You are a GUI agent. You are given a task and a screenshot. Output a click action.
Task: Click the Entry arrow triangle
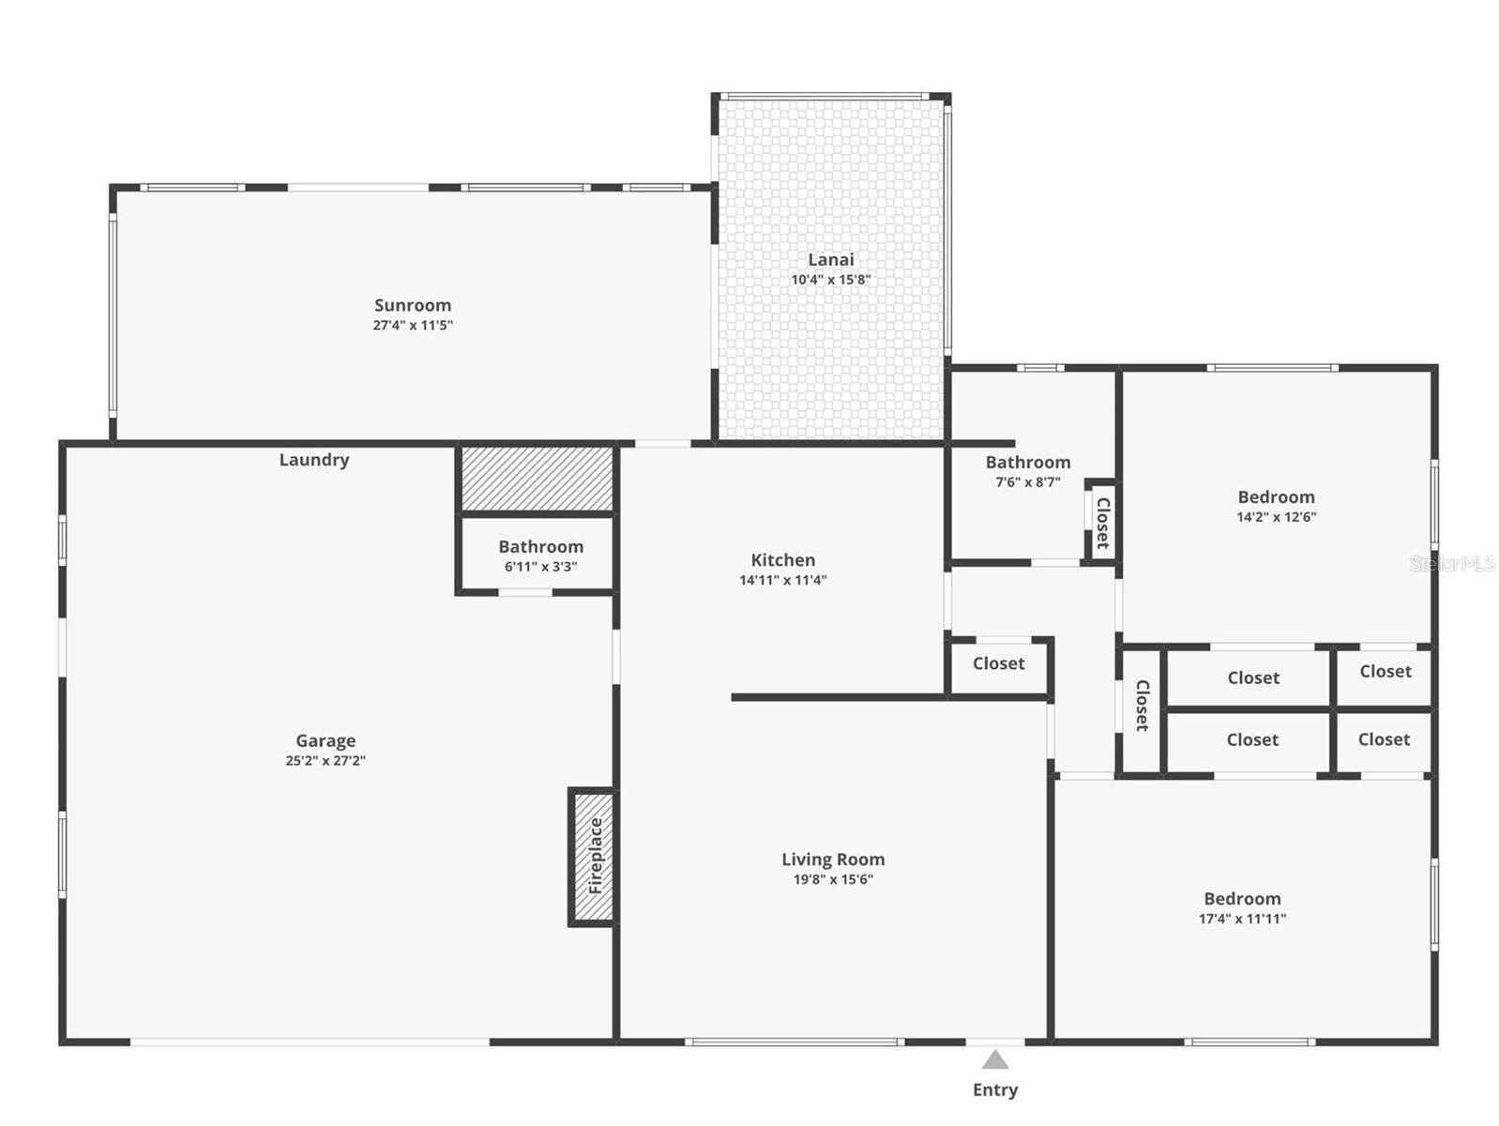(x=994, y=1060)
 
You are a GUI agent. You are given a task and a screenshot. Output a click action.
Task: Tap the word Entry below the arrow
(x=994, y=1089)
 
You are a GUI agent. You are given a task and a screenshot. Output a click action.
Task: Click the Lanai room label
(x=831, y=260)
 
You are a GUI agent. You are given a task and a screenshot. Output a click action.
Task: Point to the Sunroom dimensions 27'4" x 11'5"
(x=413, y=326)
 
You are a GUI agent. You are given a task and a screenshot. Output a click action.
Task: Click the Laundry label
(x=314, y=460)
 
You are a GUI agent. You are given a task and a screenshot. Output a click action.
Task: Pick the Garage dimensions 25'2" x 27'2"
(x=326, y=761)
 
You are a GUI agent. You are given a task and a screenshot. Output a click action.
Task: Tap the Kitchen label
(x=783, y=560)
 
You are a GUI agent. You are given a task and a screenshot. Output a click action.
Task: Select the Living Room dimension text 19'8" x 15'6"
(x=833, y=879)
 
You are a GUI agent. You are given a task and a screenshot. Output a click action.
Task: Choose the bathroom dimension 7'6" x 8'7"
(x=1028, y=482)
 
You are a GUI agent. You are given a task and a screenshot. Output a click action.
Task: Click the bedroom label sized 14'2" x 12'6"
(x=1276, y=497)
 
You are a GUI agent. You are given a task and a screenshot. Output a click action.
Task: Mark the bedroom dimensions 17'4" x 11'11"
(x=1242, y=919)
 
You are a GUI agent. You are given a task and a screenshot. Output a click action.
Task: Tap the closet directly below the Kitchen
(x=998, y=663)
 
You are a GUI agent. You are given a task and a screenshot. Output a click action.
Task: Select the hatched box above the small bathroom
(x=538, y=479)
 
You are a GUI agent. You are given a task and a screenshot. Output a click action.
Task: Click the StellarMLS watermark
(x=1452, y=564)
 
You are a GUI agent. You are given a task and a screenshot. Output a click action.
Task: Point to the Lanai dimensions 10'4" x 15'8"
(x=831, y=280)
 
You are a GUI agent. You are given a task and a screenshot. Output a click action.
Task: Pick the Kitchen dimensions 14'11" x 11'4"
(x=783, y=580)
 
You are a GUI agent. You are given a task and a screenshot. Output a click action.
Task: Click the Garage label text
(x=326, y=741)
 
